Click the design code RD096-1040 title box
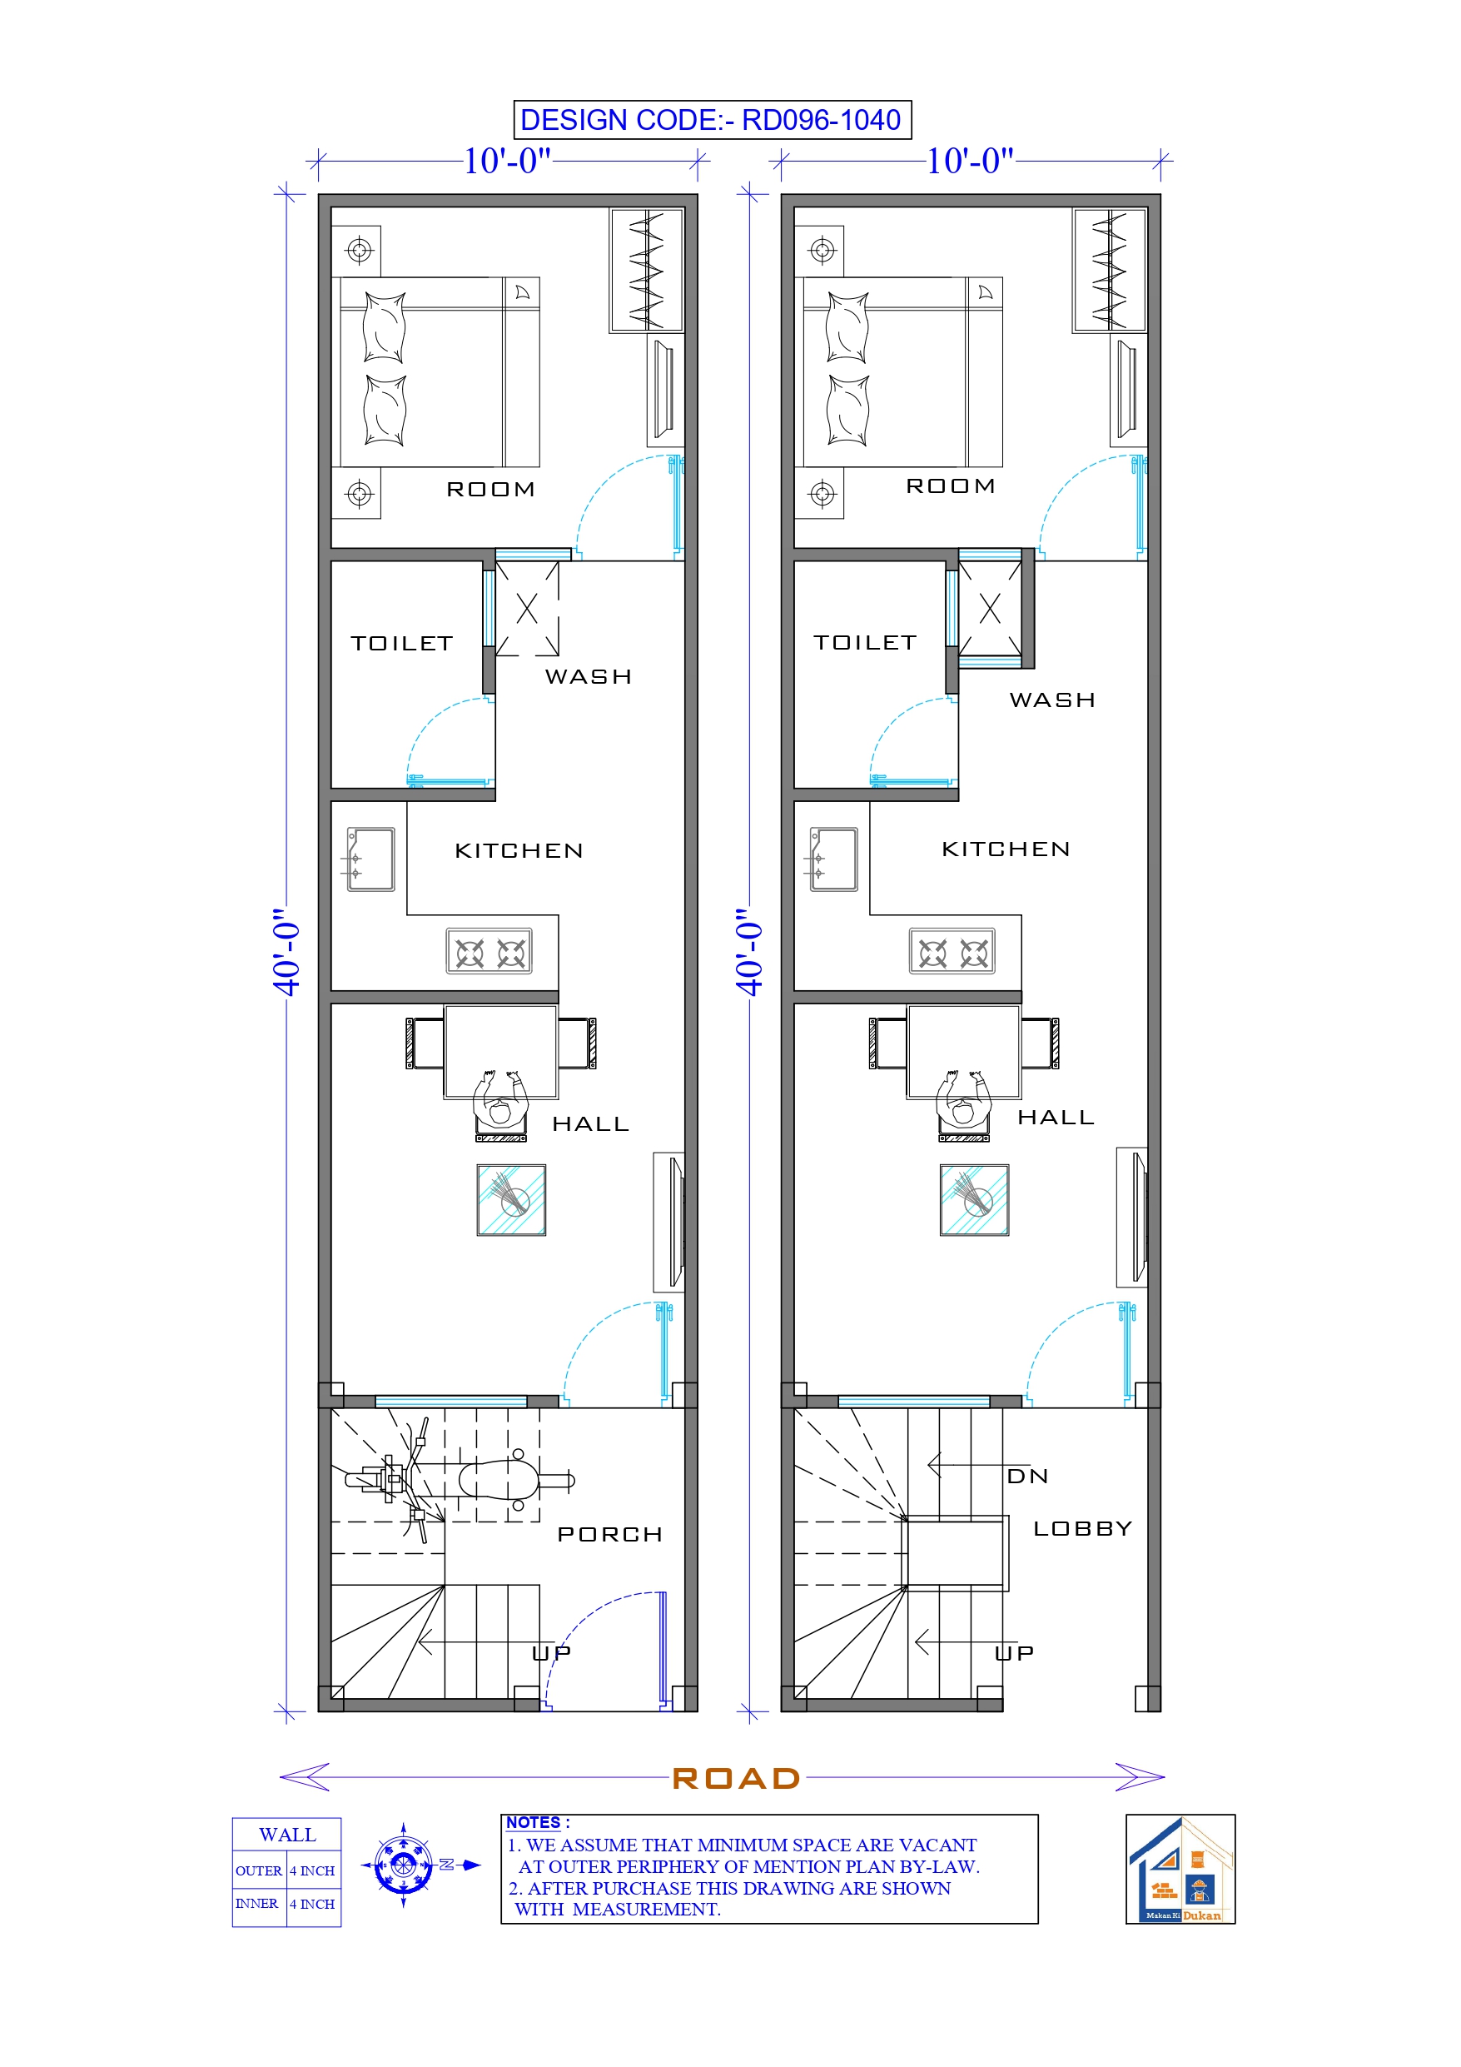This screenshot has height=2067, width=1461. coord(711,120)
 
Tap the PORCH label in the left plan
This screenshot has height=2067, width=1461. coord(609,1534)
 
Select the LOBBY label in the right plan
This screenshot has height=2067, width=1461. coord(1082,1529)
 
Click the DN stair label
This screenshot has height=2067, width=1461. coord(1027,1477)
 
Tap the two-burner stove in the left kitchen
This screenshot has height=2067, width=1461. coord(489,952)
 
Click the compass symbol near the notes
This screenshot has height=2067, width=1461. coord(403,1865)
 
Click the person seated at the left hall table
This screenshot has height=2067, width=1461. coord(500,1103)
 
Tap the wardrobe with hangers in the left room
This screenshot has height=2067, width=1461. coord(646,270)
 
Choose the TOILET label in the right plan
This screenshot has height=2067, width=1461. coord(864,643)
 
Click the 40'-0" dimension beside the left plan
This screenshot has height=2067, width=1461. coord(286,953)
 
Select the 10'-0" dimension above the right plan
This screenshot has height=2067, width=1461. coord(970,162)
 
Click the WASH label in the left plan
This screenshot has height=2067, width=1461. coord(588,677)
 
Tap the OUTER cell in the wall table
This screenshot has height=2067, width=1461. coord(258,1870)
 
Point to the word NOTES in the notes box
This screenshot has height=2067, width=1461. coord(533,1822)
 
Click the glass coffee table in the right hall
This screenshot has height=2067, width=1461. coord(974,1200)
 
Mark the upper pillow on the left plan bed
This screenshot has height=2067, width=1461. coord(385,326)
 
